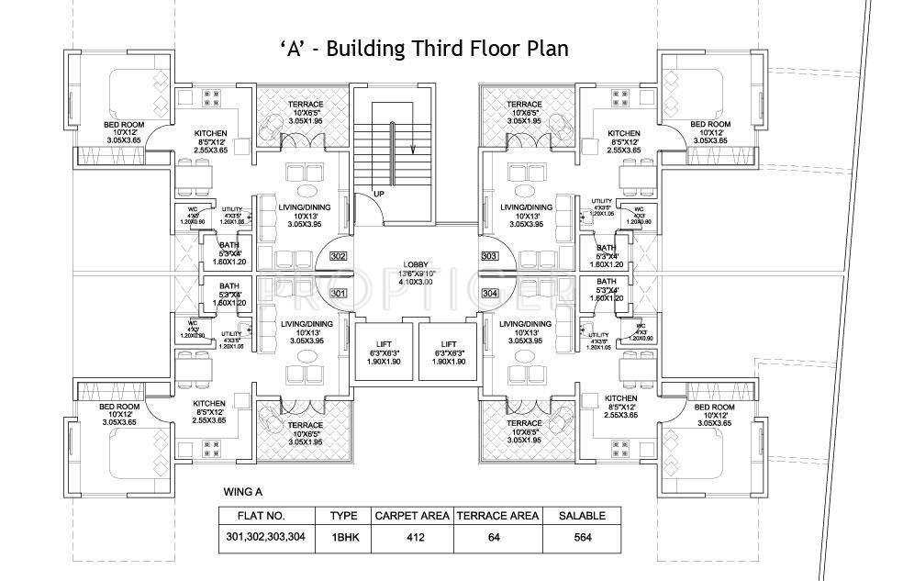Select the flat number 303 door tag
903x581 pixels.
[488, 256]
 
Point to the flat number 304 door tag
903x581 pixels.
[488, 294]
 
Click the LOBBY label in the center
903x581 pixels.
[416, 264]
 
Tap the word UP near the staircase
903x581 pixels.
[379, 193]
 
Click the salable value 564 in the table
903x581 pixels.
[582, 538]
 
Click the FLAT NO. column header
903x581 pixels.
[266, 516]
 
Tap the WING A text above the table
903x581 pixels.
[243, 492]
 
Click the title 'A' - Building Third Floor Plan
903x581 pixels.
[423, 48]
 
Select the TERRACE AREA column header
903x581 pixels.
[496, 516]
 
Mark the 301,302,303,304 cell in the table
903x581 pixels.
[266, 538]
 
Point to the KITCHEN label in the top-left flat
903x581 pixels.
[211, 134]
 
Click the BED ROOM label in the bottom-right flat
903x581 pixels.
[714, 407]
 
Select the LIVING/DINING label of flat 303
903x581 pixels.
[526, 207]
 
